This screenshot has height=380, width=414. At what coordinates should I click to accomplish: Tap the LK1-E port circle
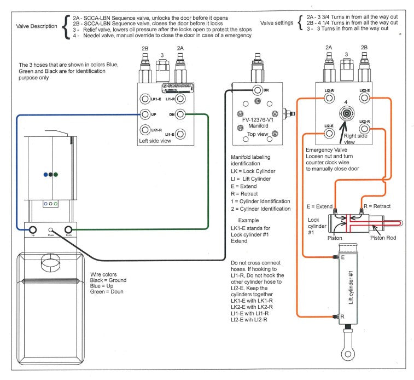pyautogui.click(x=145, y=99)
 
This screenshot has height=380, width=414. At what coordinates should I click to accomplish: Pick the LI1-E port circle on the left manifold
pyautogui.click(x=180, y=134)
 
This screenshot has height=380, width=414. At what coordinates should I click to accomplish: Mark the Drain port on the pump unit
pyautogui.click(x=51, y=230)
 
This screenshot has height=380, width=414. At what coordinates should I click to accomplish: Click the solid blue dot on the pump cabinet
pyautogui.click(x=45, y=175)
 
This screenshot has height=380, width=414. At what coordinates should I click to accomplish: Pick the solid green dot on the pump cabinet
pyautogui.click(x=56, y=175)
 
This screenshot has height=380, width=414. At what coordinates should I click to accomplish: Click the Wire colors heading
pyautogui.click(x=106, y=274)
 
